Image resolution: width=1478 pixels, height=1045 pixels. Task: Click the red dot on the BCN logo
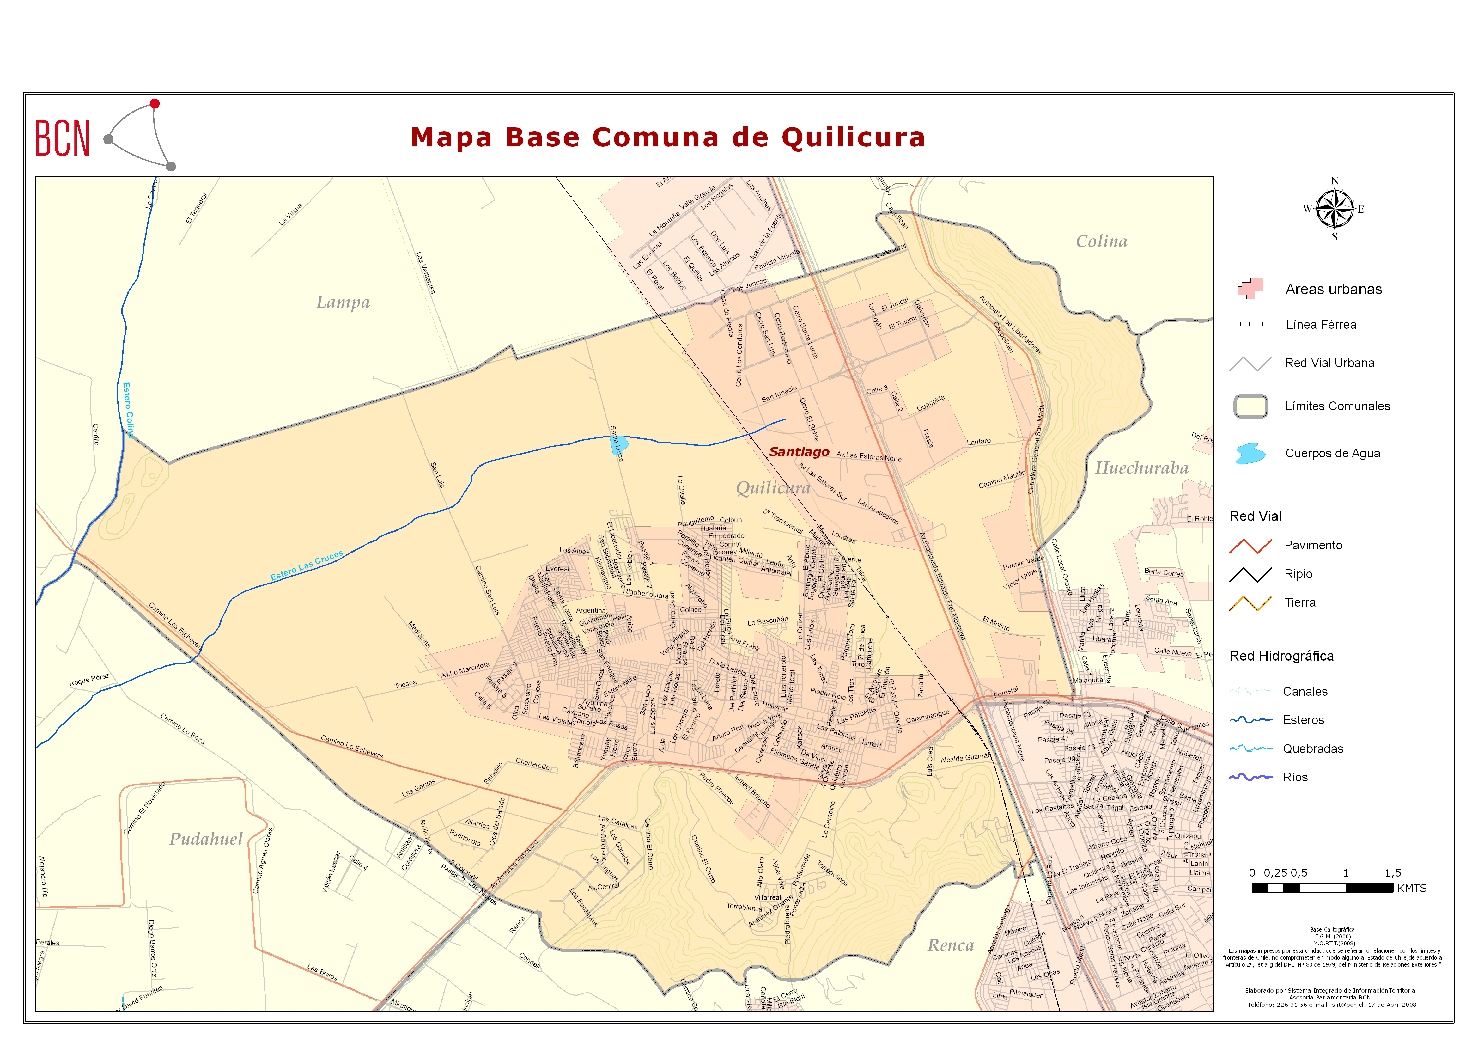point(155,104)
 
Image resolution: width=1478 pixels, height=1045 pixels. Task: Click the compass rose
point(1335,209)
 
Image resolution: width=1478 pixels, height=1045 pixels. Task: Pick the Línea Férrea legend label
point(1321,325)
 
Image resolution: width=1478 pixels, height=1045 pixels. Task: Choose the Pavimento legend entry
point(1313,545)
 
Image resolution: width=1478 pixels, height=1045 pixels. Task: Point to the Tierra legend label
point(1300,603)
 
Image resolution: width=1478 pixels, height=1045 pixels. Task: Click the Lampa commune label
point(343,302)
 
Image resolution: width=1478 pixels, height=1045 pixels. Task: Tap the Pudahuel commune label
point(206,839)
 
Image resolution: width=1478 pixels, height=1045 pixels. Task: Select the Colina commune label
point(1101,241)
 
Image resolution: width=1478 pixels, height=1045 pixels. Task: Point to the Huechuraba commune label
point(1142,468)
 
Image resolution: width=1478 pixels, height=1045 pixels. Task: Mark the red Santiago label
point(799,452)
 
